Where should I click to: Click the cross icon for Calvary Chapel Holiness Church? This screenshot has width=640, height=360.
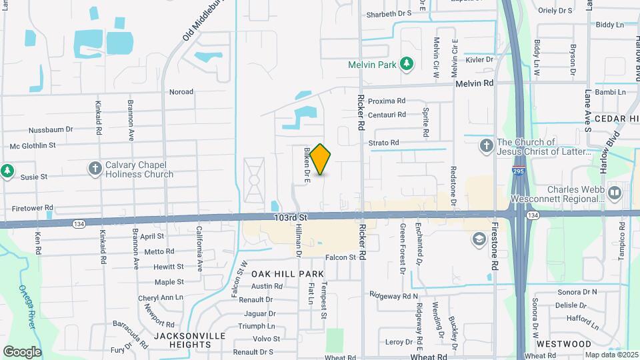[x=95, y=169]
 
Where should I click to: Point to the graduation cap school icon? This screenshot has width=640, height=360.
[x=479, y=239]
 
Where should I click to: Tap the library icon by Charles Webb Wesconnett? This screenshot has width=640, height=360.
[x=614, y=193]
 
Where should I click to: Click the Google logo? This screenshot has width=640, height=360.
[x=22, y=351]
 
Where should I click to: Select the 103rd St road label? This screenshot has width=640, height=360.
[x=289, y=218]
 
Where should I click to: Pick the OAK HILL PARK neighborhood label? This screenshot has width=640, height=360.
[x=287, y=274]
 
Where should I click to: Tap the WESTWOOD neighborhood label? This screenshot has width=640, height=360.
[x=564, y=344]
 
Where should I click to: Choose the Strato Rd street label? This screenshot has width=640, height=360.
[x=383, y=143]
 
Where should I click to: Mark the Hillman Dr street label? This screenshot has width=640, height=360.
[x=299, y=240]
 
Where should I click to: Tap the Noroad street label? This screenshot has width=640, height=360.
[x=181, y=92]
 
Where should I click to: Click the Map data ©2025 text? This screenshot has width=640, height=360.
[x=611, y=355]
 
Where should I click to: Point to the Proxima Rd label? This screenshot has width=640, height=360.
[x=387, y=101]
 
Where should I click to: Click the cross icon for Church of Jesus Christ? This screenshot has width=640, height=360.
[x=486, y=145]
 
